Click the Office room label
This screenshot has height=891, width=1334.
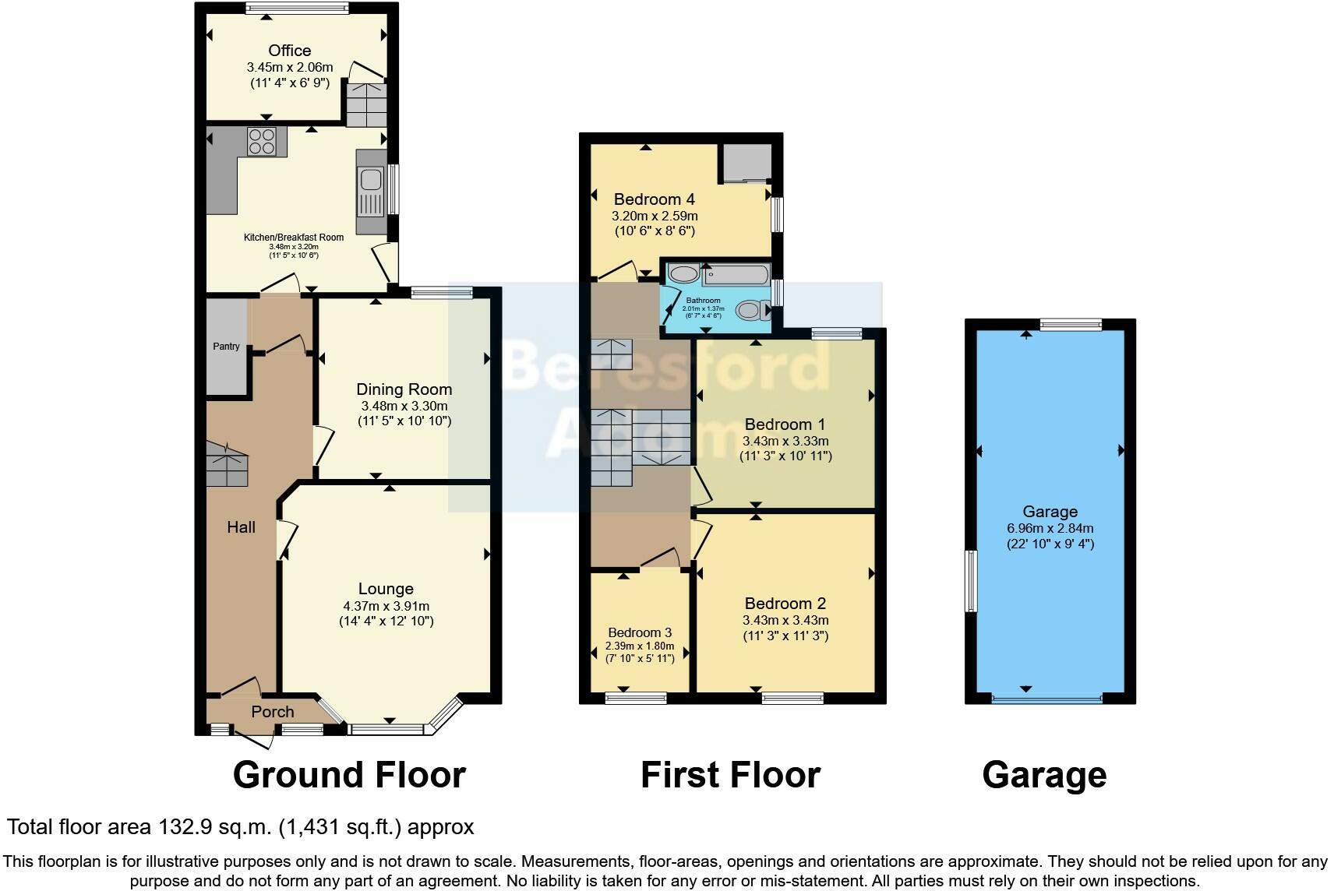pyautogui.click(x=289, y=51)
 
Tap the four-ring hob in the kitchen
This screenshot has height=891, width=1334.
pyautogui.click(x=262, y=141)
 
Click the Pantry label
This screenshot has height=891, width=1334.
pyautogui.click(x=227, y=347)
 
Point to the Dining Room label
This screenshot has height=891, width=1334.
pyautogui.click(x=404, y=389)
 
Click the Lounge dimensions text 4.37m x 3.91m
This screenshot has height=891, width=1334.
pyautogui.click(x=386, y=606)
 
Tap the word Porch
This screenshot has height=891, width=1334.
pyautogui.click(x=273, y=712)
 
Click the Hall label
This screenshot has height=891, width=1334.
pyautogui.click(x=241, y=527)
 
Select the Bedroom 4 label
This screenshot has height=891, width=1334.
pyautogui.click(x=654, y=199)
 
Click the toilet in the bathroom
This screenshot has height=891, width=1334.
pyautogui.click(x=750, y=310)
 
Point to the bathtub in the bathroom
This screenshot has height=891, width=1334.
pyautogui.click(x=736, y=275)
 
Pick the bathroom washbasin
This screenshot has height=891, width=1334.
pyautogui.click(x=684, y=274)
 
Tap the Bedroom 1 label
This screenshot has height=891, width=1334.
pyautogui.click(x=785, y=424)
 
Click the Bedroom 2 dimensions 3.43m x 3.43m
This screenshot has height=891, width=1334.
pyautogui.click(x=785, y=621)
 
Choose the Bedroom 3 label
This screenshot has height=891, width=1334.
pyautogui.click(x=640, y=632)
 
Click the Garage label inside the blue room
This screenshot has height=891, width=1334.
pyautogui.click(x=1050, y=512)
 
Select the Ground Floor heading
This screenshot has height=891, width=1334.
pyautogui.click(x=349, y=775)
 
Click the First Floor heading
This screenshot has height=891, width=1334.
pyautogui.click(x=730, y=775)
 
